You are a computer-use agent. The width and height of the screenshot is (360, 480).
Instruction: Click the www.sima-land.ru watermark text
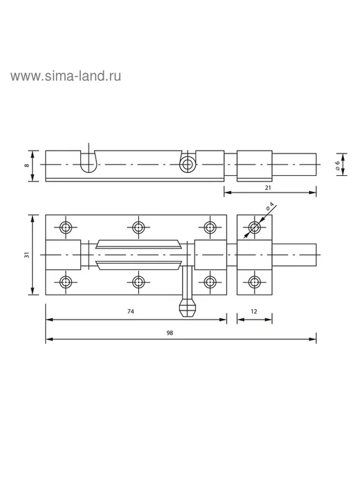click(66, 76)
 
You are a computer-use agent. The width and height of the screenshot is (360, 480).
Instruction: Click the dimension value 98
click(170, 333)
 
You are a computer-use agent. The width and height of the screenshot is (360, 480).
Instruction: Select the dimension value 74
click(130, 311)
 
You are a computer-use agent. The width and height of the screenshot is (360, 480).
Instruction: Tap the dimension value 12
click(254, 311)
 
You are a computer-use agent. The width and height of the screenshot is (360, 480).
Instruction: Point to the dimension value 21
click(268, 188)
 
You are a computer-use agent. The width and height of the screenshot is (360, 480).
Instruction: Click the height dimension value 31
click(27, 255)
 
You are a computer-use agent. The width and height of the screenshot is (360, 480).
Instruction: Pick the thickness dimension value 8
click(27, 165)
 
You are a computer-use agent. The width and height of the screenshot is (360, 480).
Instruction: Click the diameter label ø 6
click(337, 165)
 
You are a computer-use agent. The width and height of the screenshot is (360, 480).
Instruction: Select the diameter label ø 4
click(269, 206)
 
